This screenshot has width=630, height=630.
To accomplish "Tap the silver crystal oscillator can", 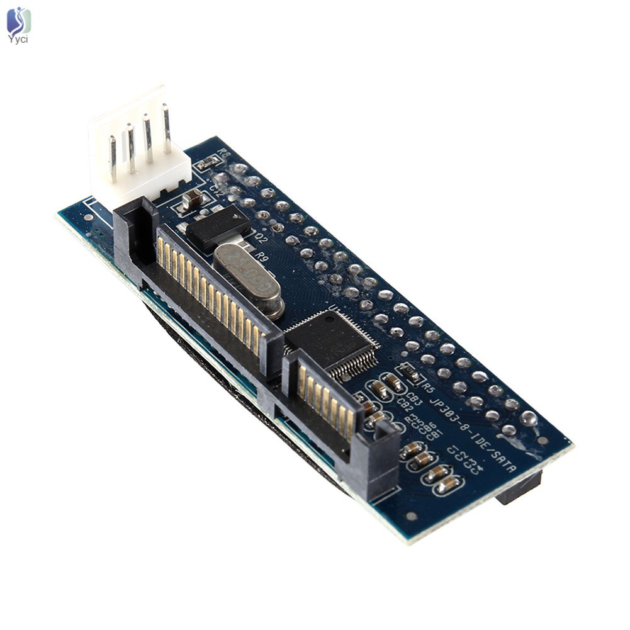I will coord(247,278).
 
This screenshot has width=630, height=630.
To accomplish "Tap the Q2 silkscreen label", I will coord(259,239).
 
